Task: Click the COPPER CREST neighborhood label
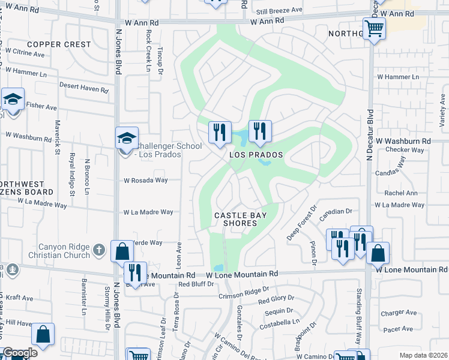[x=59, y=44]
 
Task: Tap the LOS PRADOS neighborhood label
[x=256, y=155]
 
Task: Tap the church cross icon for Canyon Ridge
[x=100, y=248]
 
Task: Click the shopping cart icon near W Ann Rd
[x=374, y=28]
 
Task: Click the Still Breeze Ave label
[x=279, y=10]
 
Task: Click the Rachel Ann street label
[x=401, y=193]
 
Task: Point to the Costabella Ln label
[x=279, y=323]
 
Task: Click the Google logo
[x=20, y=353]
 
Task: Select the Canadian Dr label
[x=336, y=211]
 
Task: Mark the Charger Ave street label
[x=399, y=313]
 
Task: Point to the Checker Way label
[x=405, y=150]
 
